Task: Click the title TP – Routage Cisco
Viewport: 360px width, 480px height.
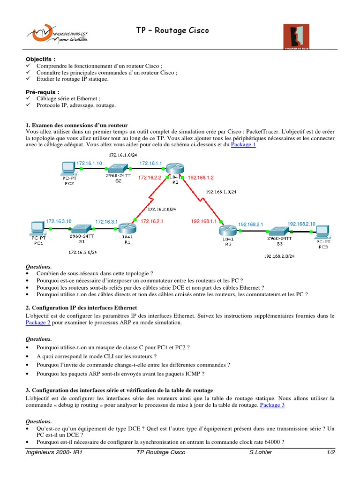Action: tap(172, 30)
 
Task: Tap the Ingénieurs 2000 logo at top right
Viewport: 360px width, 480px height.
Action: tap(296, 37)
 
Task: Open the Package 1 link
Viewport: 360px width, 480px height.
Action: tap(243, 145)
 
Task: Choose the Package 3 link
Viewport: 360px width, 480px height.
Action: tap(272, 405)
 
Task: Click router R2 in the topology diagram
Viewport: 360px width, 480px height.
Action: tap(175, 168)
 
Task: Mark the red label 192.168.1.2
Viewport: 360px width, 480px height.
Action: tap(201, 178)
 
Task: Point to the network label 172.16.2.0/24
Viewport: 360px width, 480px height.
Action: tap(161, 209)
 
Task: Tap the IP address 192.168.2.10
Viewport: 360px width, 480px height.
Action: tap(301, 224)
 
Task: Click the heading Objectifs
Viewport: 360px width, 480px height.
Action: tap(40, 60)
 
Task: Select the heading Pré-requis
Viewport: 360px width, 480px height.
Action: tap(42, 92)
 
